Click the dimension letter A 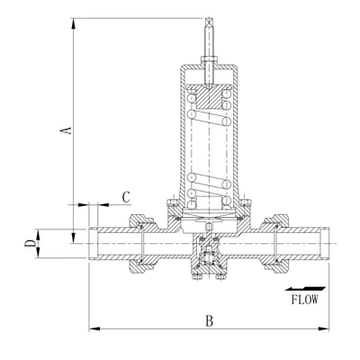(67, 130)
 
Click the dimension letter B (209, 321)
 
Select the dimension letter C (126, 197)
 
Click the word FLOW (304, 300)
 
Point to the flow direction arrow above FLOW (305, 289)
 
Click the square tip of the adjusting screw (209, 22)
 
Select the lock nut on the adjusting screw (209, 58)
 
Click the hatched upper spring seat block (209, 98)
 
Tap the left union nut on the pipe (140, 243)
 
